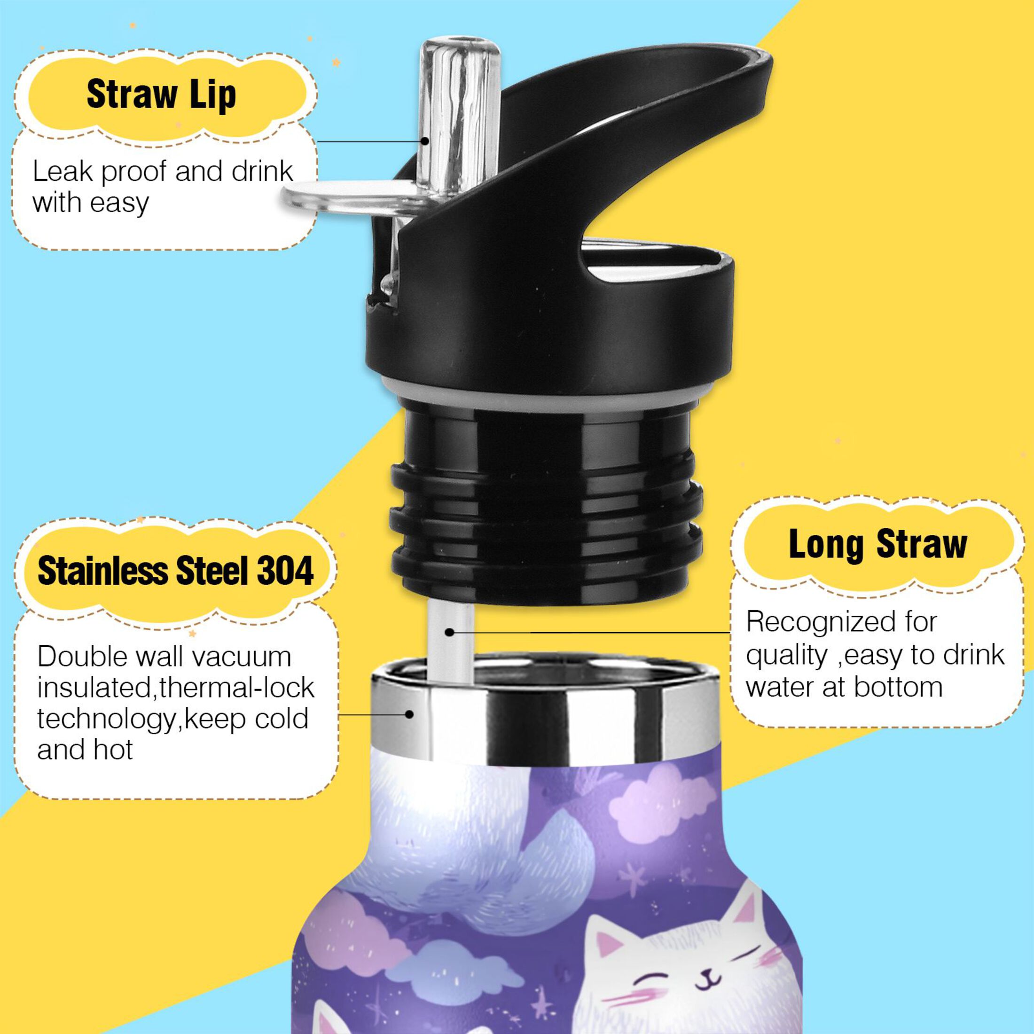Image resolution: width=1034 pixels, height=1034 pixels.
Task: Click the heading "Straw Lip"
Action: [x=161, y=95]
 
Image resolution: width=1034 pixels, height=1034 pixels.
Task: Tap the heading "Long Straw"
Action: [x=877, y=545]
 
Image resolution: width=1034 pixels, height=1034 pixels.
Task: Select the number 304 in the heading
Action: [x=285, y=571]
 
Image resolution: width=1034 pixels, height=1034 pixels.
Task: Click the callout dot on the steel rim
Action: [x=409, y=714]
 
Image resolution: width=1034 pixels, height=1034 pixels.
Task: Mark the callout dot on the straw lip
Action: [x=424, y=141]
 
